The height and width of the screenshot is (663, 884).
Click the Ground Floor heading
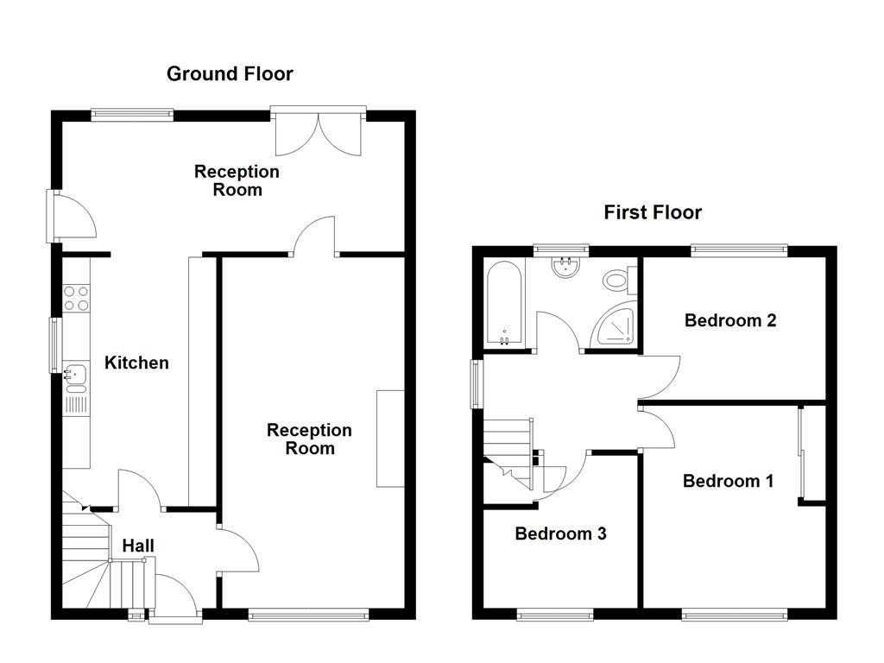pos(230,74)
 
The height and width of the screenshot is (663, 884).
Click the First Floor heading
pos(653,212)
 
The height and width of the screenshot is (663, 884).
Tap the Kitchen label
pos(136,363)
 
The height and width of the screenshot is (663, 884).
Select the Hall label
pos(138,546)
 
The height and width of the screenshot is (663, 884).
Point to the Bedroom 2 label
pos(730,320)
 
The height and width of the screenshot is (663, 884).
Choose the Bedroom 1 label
pos(728,481)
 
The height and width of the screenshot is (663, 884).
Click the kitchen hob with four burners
pos(76,298)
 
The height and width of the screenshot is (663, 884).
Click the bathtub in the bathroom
pos(503,302)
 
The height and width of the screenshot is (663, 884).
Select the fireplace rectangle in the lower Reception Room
pos(390,439)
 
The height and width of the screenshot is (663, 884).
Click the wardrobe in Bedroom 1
pos(802,453)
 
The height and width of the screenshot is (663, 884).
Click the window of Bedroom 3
pos(555,615)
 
